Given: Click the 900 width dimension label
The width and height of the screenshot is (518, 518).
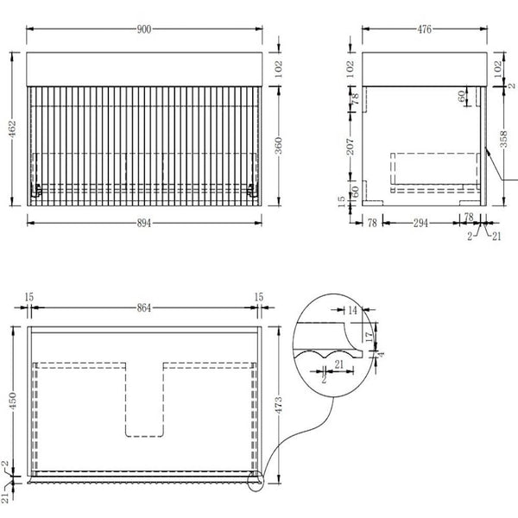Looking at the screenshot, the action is (144, 29).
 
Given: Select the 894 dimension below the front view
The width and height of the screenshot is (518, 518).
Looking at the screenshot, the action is (144, 224).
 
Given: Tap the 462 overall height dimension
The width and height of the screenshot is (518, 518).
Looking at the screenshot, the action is (12, 129).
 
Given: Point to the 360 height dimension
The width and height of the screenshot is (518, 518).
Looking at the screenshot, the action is (279, 145).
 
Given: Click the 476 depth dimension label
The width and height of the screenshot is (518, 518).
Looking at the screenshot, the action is (424, 29).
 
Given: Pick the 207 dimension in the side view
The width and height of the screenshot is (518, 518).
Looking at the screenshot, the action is (351, 147).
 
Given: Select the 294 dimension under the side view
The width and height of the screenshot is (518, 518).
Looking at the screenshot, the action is (420, 224).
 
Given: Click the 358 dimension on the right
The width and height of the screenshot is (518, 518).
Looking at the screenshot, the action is (503, 139).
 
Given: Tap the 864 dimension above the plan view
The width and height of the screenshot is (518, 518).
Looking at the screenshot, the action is (144, 308).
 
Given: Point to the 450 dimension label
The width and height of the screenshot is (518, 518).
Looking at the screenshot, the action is (12, 401).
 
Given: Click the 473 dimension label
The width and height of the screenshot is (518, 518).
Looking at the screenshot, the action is (279, 405).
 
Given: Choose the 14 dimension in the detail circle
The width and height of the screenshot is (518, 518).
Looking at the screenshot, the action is (353, 310).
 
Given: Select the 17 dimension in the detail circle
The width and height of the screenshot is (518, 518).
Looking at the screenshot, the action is (370, 337).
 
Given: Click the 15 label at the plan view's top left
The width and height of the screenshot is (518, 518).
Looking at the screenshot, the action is (29, 297).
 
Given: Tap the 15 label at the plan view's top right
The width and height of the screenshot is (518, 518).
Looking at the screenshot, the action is (259, 297).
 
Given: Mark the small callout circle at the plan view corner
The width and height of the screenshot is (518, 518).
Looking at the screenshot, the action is (256, 480).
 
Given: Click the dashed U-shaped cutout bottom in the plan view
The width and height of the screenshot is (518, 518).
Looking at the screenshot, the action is (144, 436).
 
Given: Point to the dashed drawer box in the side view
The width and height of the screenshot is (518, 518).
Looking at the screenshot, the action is (435, 173).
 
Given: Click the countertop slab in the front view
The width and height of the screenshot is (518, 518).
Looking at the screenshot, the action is (144, 69).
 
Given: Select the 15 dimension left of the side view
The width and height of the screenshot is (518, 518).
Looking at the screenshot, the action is (341, 201).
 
